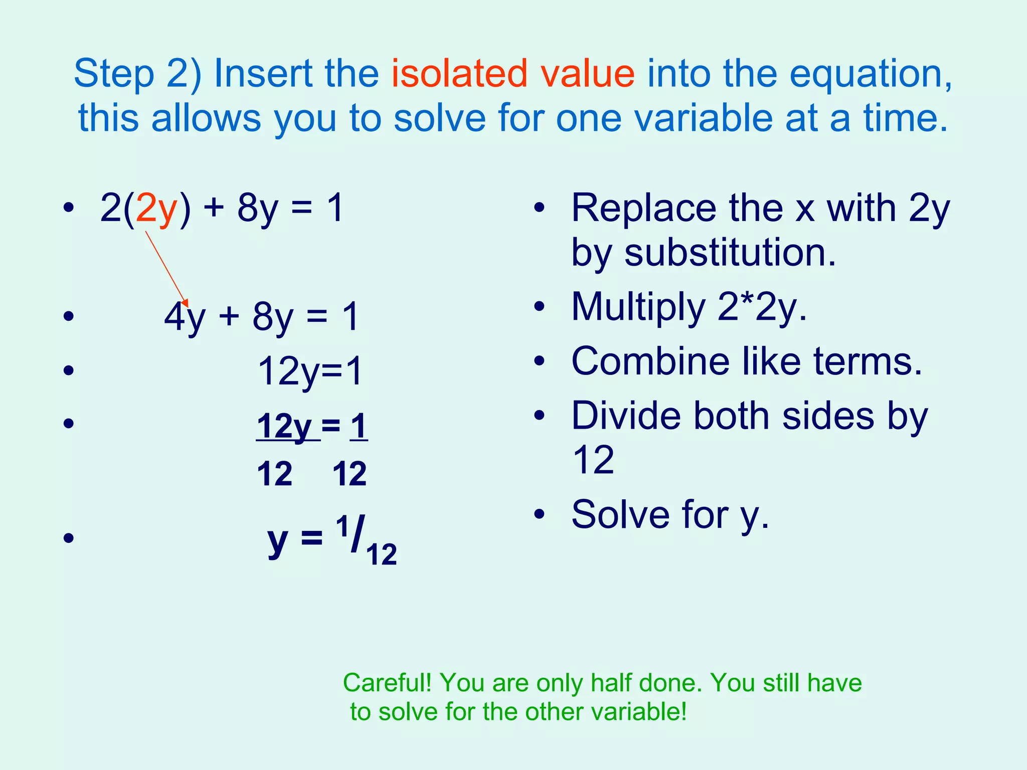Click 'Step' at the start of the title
tap(113, 74)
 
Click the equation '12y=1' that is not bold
tap(309, 372)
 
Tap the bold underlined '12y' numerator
tap(284, 427)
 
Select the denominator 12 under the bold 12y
tap(274, 474)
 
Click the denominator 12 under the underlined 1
tap(350, 474)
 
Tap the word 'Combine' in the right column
tap(650, 361)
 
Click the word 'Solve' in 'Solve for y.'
tap(620, 515)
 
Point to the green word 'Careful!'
tap(387, 683)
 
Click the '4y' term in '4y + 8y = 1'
tap(185, 318)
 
